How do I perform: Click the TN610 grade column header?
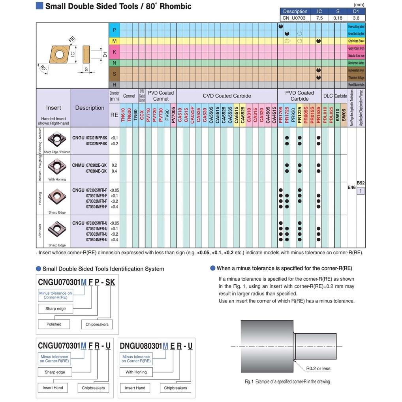point(123,117)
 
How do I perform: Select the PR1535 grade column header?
point(319,117)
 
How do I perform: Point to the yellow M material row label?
point(114,41)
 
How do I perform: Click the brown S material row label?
point(114,74)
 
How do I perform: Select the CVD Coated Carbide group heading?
point(227,96)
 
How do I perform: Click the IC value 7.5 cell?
point(319,18)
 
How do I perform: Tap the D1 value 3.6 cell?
point(356,18)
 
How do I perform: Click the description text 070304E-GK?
point(96,171)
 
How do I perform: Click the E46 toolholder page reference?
point(351,188)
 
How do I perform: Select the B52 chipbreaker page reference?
point(361,183)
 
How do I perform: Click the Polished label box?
point(54,324)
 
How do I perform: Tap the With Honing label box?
point(136,372)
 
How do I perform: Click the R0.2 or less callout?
point(318,368)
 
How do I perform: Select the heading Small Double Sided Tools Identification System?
point(103,269)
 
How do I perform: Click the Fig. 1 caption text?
point(287,382)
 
